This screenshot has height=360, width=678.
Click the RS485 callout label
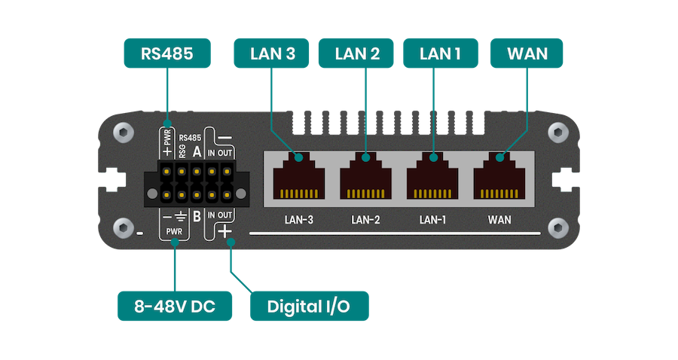166,53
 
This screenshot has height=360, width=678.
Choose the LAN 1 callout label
438,53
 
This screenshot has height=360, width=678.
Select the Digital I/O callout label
309,307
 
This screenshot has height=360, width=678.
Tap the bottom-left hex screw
123,228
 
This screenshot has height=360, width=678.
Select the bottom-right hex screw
557,228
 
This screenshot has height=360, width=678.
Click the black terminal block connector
197,183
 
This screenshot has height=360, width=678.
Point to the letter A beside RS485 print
197,151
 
